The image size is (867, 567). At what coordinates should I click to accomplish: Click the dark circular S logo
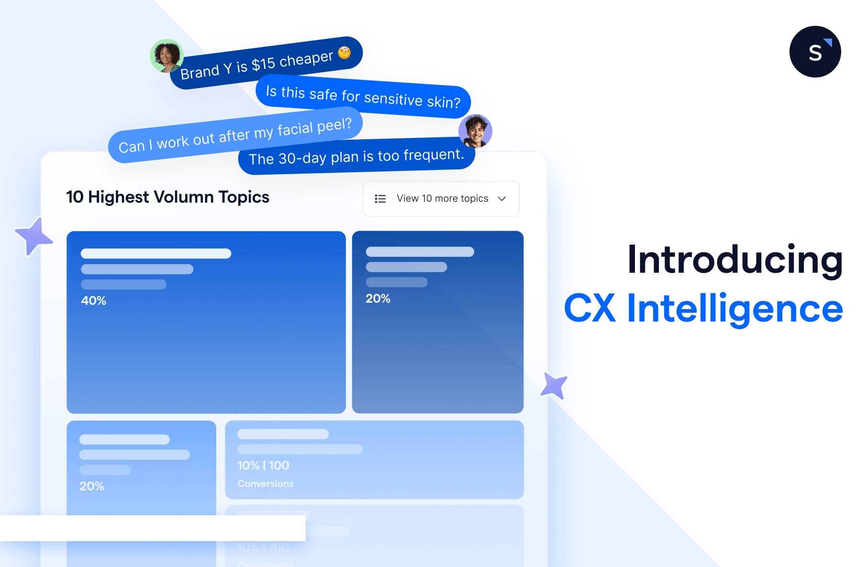coord(815,52)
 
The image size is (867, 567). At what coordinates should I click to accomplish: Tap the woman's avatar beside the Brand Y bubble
coord(167,56)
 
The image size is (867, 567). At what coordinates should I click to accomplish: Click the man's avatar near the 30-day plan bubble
coord(475,131)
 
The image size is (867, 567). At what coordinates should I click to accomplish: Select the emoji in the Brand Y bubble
coord(345,53)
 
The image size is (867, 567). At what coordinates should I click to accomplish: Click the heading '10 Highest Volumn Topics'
coord(167,197)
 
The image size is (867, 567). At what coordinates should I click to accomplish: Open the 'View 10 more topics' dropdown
coord(441,199)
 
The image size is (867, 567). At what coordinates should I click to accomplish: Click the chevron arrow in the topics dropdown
coord(502,199)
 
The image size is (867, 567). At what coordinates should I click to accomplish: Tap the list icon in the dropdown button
coord(380,199)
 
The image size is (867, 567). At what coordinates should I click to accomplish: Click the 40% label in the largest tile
coord(93,300)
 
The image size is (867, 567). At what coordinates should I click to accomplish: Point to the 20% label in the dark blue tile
coord(378,299)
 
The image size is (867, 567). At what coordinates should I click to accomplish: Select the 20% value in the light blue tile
coord(92,486)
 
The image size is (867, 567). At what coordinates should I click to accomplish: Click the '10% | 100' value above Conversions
coord(263,466)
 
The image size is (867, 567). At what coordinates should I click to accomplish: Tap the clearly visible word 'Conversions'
coord(266,484)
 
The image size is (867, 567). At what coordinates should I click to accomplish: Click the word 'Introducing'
coord(735,260)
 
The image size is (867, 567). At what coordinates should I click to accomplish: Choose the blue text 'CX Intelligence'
coord(703,309)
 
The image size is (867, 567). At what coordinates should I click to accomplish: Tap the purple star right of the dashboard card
coord(554,385)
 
